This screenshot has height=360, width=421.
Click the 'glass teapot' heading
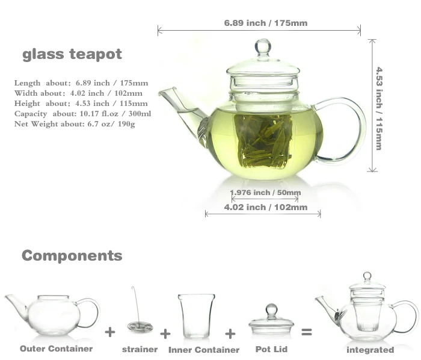[x=72, y=54]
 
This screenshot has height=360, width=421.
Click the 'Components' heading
[x=72, y=256]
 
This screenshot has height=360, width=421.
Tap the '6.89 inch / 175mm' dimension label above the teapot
[x=265, y=23]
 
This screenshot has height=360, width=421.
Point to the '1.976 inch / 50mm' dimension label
[x=265, y=193]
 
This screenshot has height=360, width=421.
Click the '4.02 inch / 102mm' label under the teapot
[x=265, y=208]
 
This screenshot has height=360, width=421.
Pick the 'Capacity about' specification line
[x=83, y=114]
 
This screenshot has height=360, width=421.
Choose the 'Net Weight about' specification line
[x=75, y=123]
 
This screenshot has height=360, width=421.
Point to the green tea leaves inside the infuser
[x=263, y=141]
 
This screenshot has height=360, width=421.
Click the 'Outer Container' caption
[x=57, y=349]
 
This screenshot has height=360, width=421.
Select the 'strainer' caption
[x=140, y=349]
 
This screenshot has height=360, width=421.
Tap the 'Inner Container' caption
[x=204, y=350]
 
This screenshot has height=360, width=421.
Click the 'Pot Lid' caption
[x=272, y=349]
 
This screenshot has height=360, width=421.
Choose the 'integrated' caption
[x=370, y=350]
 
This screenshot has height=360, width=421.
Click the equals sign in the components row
[x=307, y=332]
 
